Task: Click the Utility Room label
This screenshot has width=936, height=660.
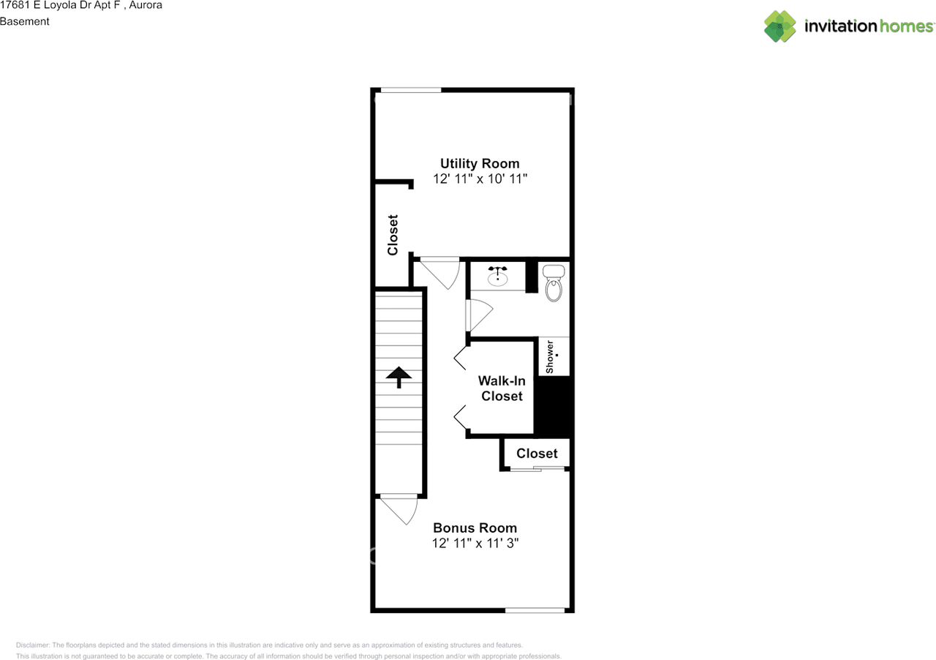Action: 480,163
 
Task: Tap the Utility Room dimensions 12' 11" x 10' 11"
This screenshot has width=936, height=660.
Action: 480,179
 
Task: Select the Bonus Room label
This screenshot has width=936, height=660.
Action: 475,528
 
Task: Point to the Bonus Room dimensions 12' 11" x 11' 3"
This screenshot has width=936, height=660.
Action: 475,543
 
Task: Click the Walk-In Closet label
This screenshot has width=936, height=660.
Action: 502,389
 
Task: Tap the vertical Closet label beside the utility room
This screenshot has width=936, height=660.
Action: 393,235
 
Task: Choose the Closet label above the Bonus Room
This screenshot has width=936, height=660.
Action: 537,454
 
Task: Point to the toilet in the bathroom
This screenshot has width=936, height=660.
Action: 554,284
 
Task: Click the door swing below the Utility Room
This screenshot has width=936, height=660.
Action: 439,271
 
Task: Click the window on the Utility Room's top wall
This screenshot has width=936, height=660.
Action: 410,90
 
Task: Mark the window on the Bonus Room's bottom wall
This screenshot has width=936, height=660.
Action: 535,610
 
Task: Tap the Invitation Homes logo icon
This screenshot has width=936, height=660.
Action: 780,26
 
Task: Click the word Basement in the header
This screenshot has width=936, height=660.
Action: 25,21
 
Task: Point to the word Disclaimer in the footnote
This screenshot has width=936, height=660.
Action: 33,645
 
